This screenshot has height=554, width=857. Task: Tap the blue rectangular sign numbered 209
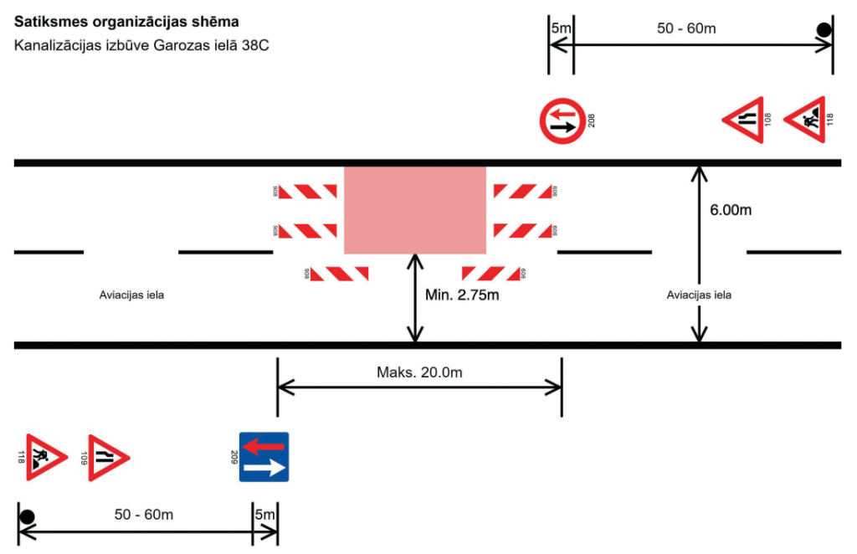264,457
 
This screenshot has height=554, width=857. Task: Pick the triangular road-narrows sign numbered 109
108,458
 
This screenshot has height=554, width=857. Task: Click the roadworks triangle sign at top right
805,120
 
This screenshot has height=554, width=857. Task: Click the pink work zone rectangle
415,210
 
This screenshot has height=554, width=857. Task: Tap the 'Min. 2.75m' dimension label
462,295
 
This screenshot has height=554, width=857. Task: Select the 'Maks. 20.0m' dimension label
419,372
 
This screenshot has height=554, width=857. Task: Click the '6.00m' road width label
731,210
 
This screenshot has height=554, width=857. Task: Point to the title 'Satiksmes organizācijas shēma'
125,19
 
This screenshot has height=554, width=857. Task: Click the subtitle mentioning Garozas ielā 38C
141,45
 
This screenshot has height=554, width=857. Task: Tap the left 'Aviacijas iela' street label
131,295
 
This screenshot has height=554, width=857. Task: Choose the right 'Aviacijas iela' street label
699,295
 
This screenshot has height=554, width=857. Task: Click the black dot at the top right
824,31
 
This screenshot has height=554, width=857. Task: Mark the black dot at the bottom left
27,516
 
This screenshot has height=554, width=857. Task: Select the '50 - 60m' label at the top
686,28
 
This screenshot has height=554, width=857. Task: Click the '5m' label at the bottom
264,514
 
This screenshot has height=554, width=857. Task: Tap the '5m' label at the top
561,28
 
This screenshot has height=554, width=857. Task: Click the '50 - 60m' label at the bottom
144,514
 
